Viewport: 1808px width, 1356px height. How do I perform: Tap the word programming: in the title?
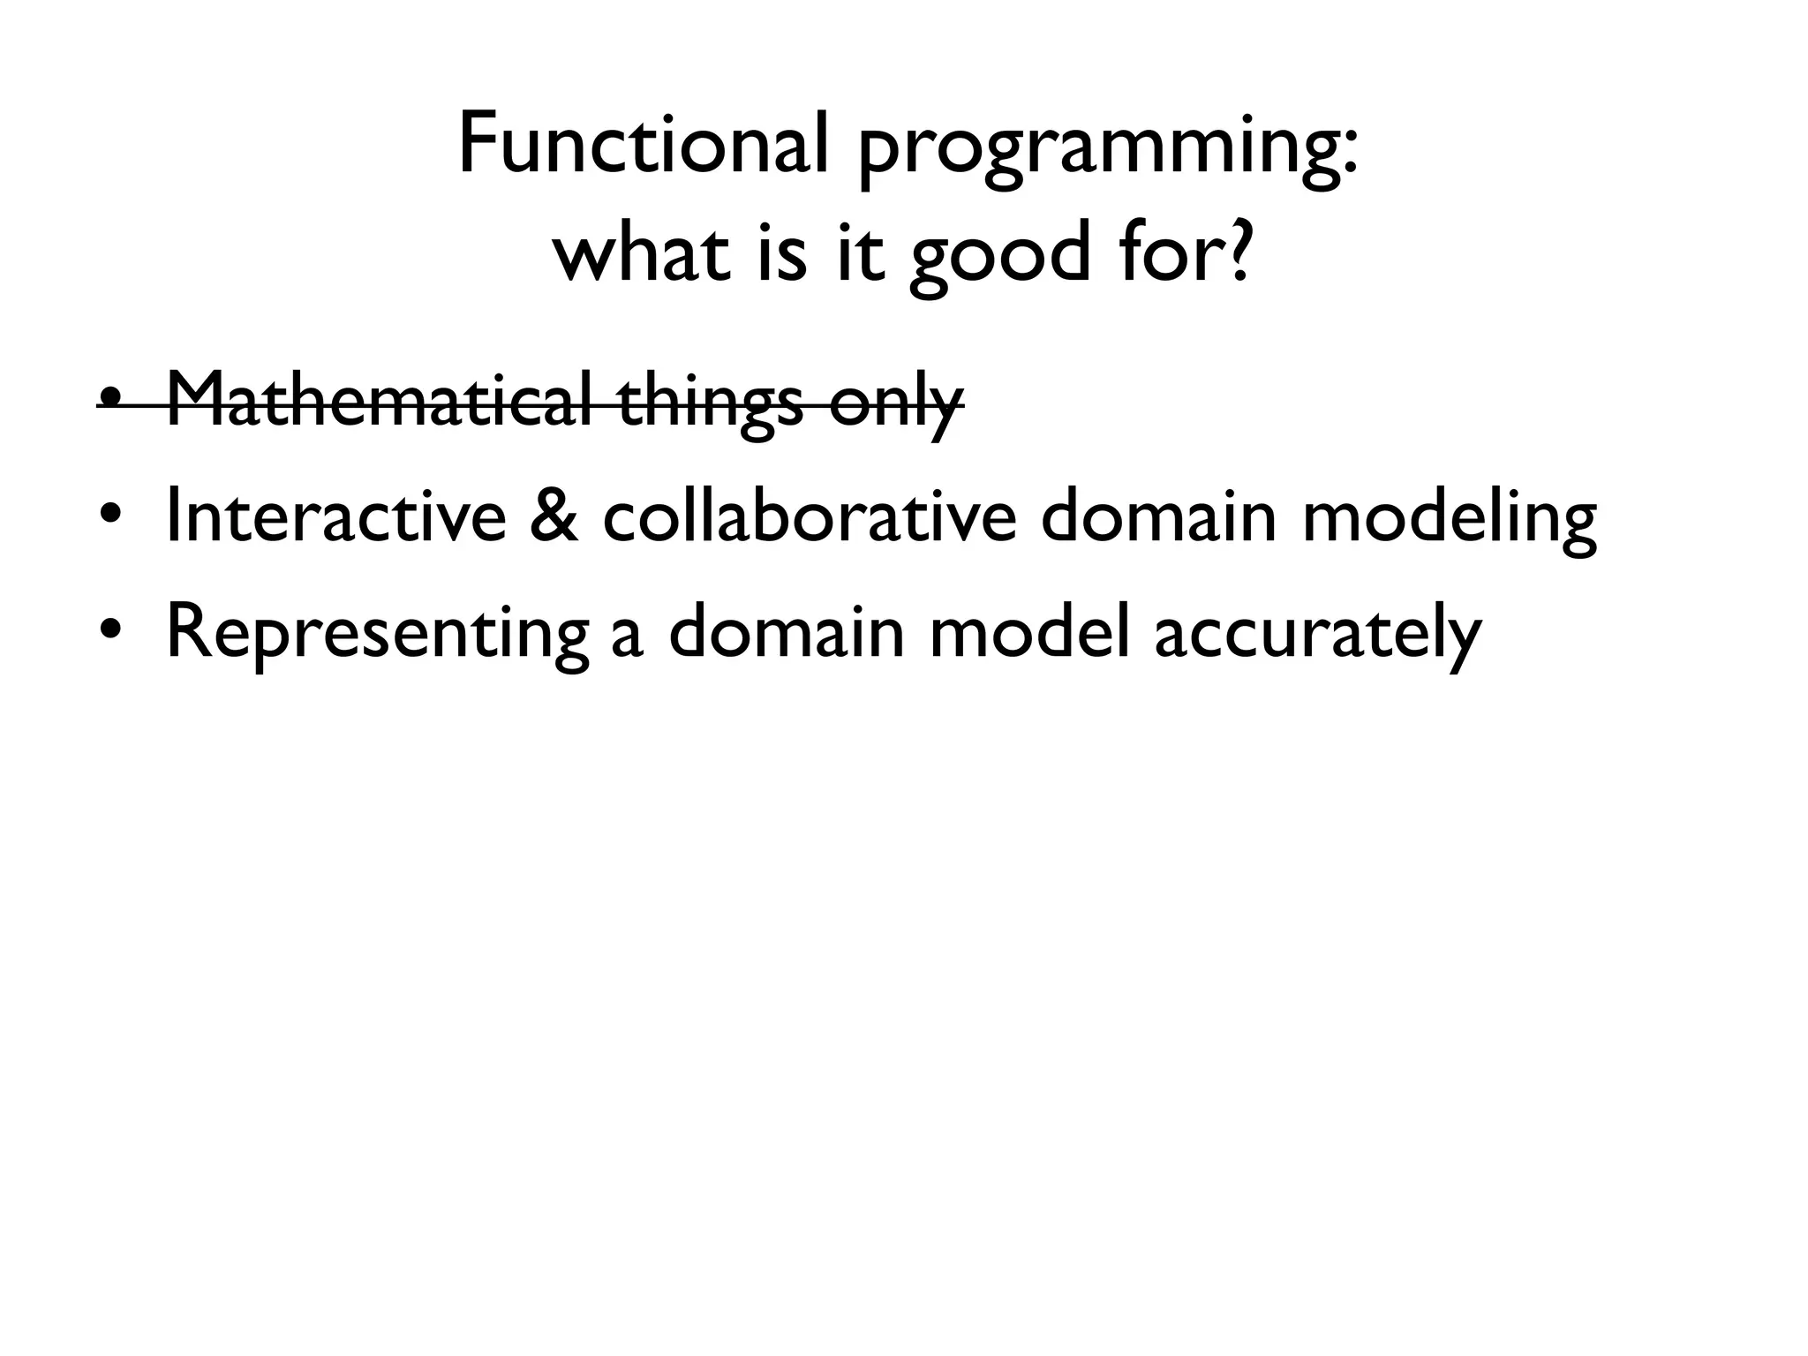click(x=1107, y=150)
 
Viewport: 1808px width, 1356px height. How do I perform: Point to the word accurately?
click(x=1316, y=636)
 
